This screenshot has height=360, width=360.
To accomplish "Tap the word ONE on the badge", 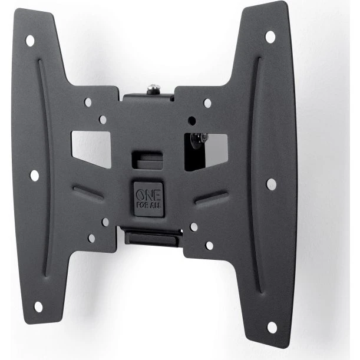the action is (x=148, y=196).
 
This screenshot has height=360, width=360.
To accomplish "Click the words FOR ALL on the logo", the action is (x=149, y=205).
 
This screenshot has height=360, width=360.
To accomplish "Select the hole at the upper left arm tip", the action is (x=30, y=41).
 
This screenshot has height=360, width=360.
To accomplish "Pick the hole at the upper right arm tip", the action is (x=270, y=37).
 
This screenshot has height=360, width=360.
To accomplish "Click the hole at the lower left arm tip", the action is (x=38, y=307).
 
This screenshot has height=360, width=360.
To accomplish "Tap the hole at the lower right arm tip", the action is (x=272, y=328).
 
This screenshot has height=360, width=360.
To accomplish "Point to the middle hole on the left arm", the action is (x=35, y=176).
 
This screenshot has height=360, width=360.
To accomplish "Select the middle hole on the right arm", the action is (x=272, y=184).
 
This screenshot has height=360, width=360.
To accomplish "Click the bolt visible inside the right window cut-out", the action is (x=199, y=140).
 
